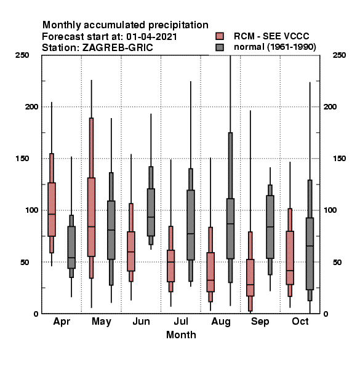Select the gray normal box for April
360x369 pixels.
click(x=71, y=247)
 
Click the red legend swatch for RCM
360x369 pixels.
click(x=220, y=36)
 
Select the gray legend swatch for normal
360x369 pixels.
click(x=220, y=47)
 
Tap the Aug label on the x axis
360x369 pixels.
click(x=221, y=322)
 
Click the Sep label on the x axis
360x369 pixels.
click(x=260, y=322)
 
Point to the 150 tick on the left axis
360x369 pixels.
click(x=22, y=159)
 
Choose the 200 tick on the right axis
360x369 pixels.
click(x=330, y=106)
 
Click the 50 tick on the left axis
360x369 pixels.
click(x=25, y=262)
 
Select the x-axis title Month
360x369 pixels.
click(x=181, y=335)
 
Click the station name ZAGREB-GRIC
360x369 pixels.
click(x=118, y=47)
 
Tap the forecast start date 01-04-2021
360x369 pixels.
click(x=151, y=36)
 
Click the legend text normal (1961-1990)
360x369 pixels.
click(x=275, y=47)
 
